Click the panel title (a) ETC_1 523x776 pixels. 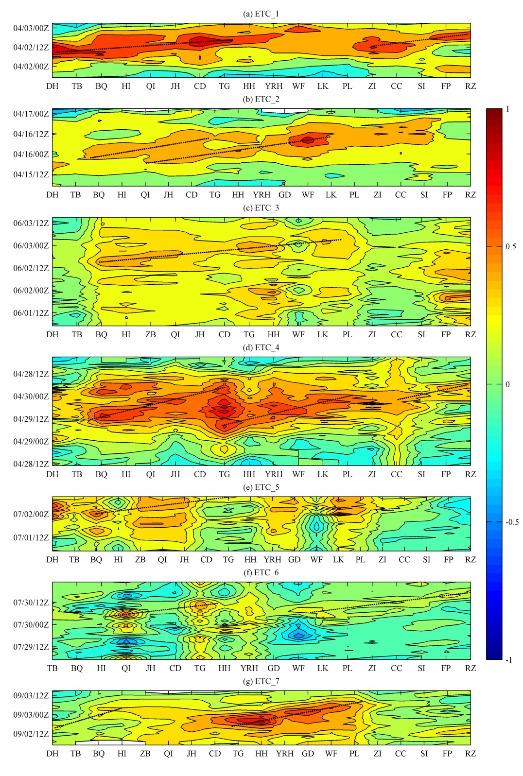(261, 14)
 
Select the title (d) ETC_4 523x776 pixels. (261, 347)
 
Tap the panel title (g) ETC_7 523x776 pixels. (261, 681)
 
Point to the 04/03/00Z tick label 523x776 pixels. (31, 28)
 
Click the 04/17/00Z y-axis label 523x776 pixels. (31, 114)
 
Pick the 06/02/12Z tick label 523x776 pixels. (31, 268)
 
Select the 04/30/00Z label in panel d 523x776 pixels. (31, 397)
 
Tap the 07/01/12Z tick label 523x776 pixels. (31, 537)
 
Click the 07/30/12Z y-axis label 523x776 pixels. (31, 603)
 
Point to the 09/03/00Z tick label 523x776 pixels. (31, 715)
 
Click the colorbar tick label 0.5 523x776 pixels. (511, 246)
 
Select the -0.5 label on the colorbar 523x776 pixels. (512, 522)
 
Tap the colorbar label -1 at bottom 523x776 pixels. (508, 660)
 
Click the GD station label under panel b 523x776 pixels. (285, 195)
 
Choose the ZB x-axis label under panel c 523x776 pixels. (151, 334)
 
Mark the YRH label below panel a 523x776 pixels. (274, 86)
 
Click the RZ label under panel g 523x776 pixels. (471, 754)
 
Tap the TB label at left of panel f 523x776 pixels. (52, 668)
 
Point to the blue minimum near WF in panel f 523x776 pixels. (298, 635)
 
